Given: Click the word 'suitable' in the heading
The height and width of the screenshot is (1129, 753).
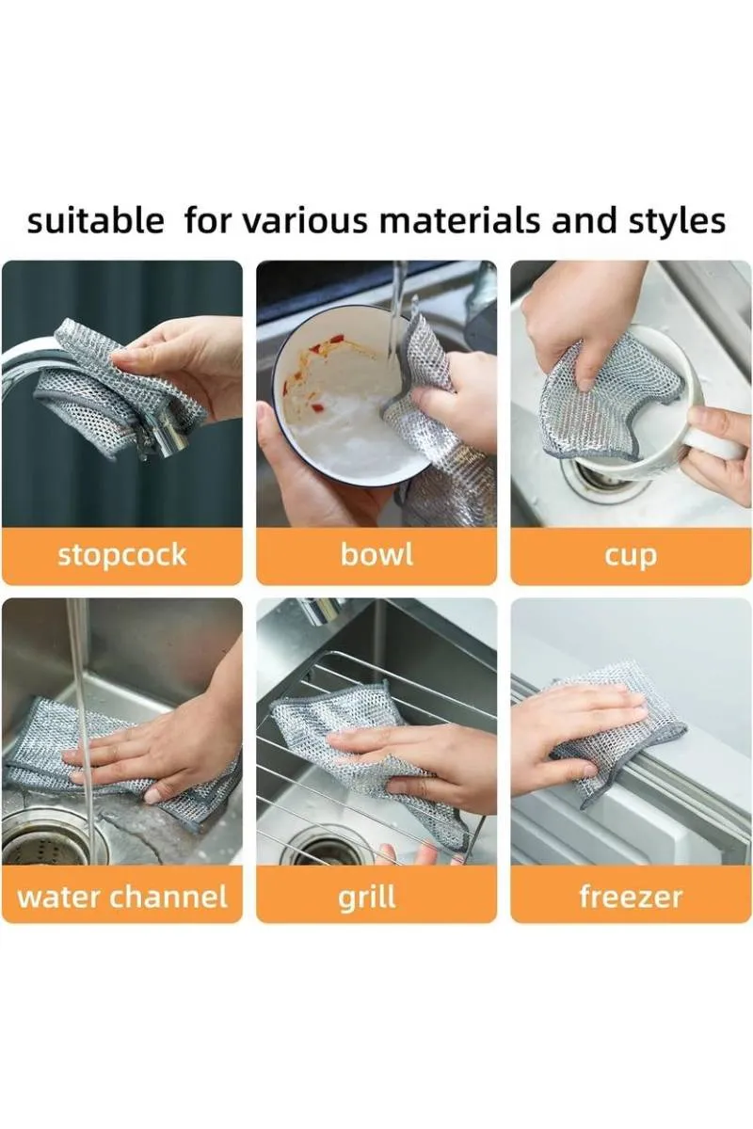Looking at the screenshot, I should pyautogui.click(x=95, y=222).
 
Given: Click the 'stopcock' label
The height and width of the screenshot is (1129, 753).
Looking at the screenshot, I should pyautogui.click(x=122, y=554).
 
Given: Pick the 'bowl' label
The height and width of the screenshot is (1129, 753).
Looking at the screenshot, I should pyautogui.click(x=376, y=554).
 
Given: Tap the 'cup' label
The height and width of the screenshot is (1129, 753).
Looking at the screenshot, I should pyautogui.click(x=631, y=555).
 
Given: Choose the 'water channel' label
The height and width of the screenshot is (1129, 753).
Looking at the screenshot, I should pyautogui.click(x=122, y=896).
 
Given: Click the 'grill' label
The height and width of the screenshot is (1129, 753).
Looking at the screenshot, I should pyautogui.click(x=367, y=897).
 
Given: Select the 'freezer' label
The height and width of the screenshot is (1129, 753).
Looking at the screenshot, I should pyautogui.click(x=631, y=896).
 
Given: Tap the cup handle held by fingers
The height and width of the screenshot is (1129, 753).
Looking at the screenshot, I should pyautogui.click(x=720, y=442).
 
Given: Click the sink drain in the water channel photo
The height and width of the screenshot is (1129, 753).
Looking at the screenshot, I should pyautogui.click(x=42, y=842).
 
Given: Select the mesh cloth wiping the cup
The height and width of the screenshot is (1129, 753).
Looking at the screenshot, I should pyautogui.click(x=602, y=395).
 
